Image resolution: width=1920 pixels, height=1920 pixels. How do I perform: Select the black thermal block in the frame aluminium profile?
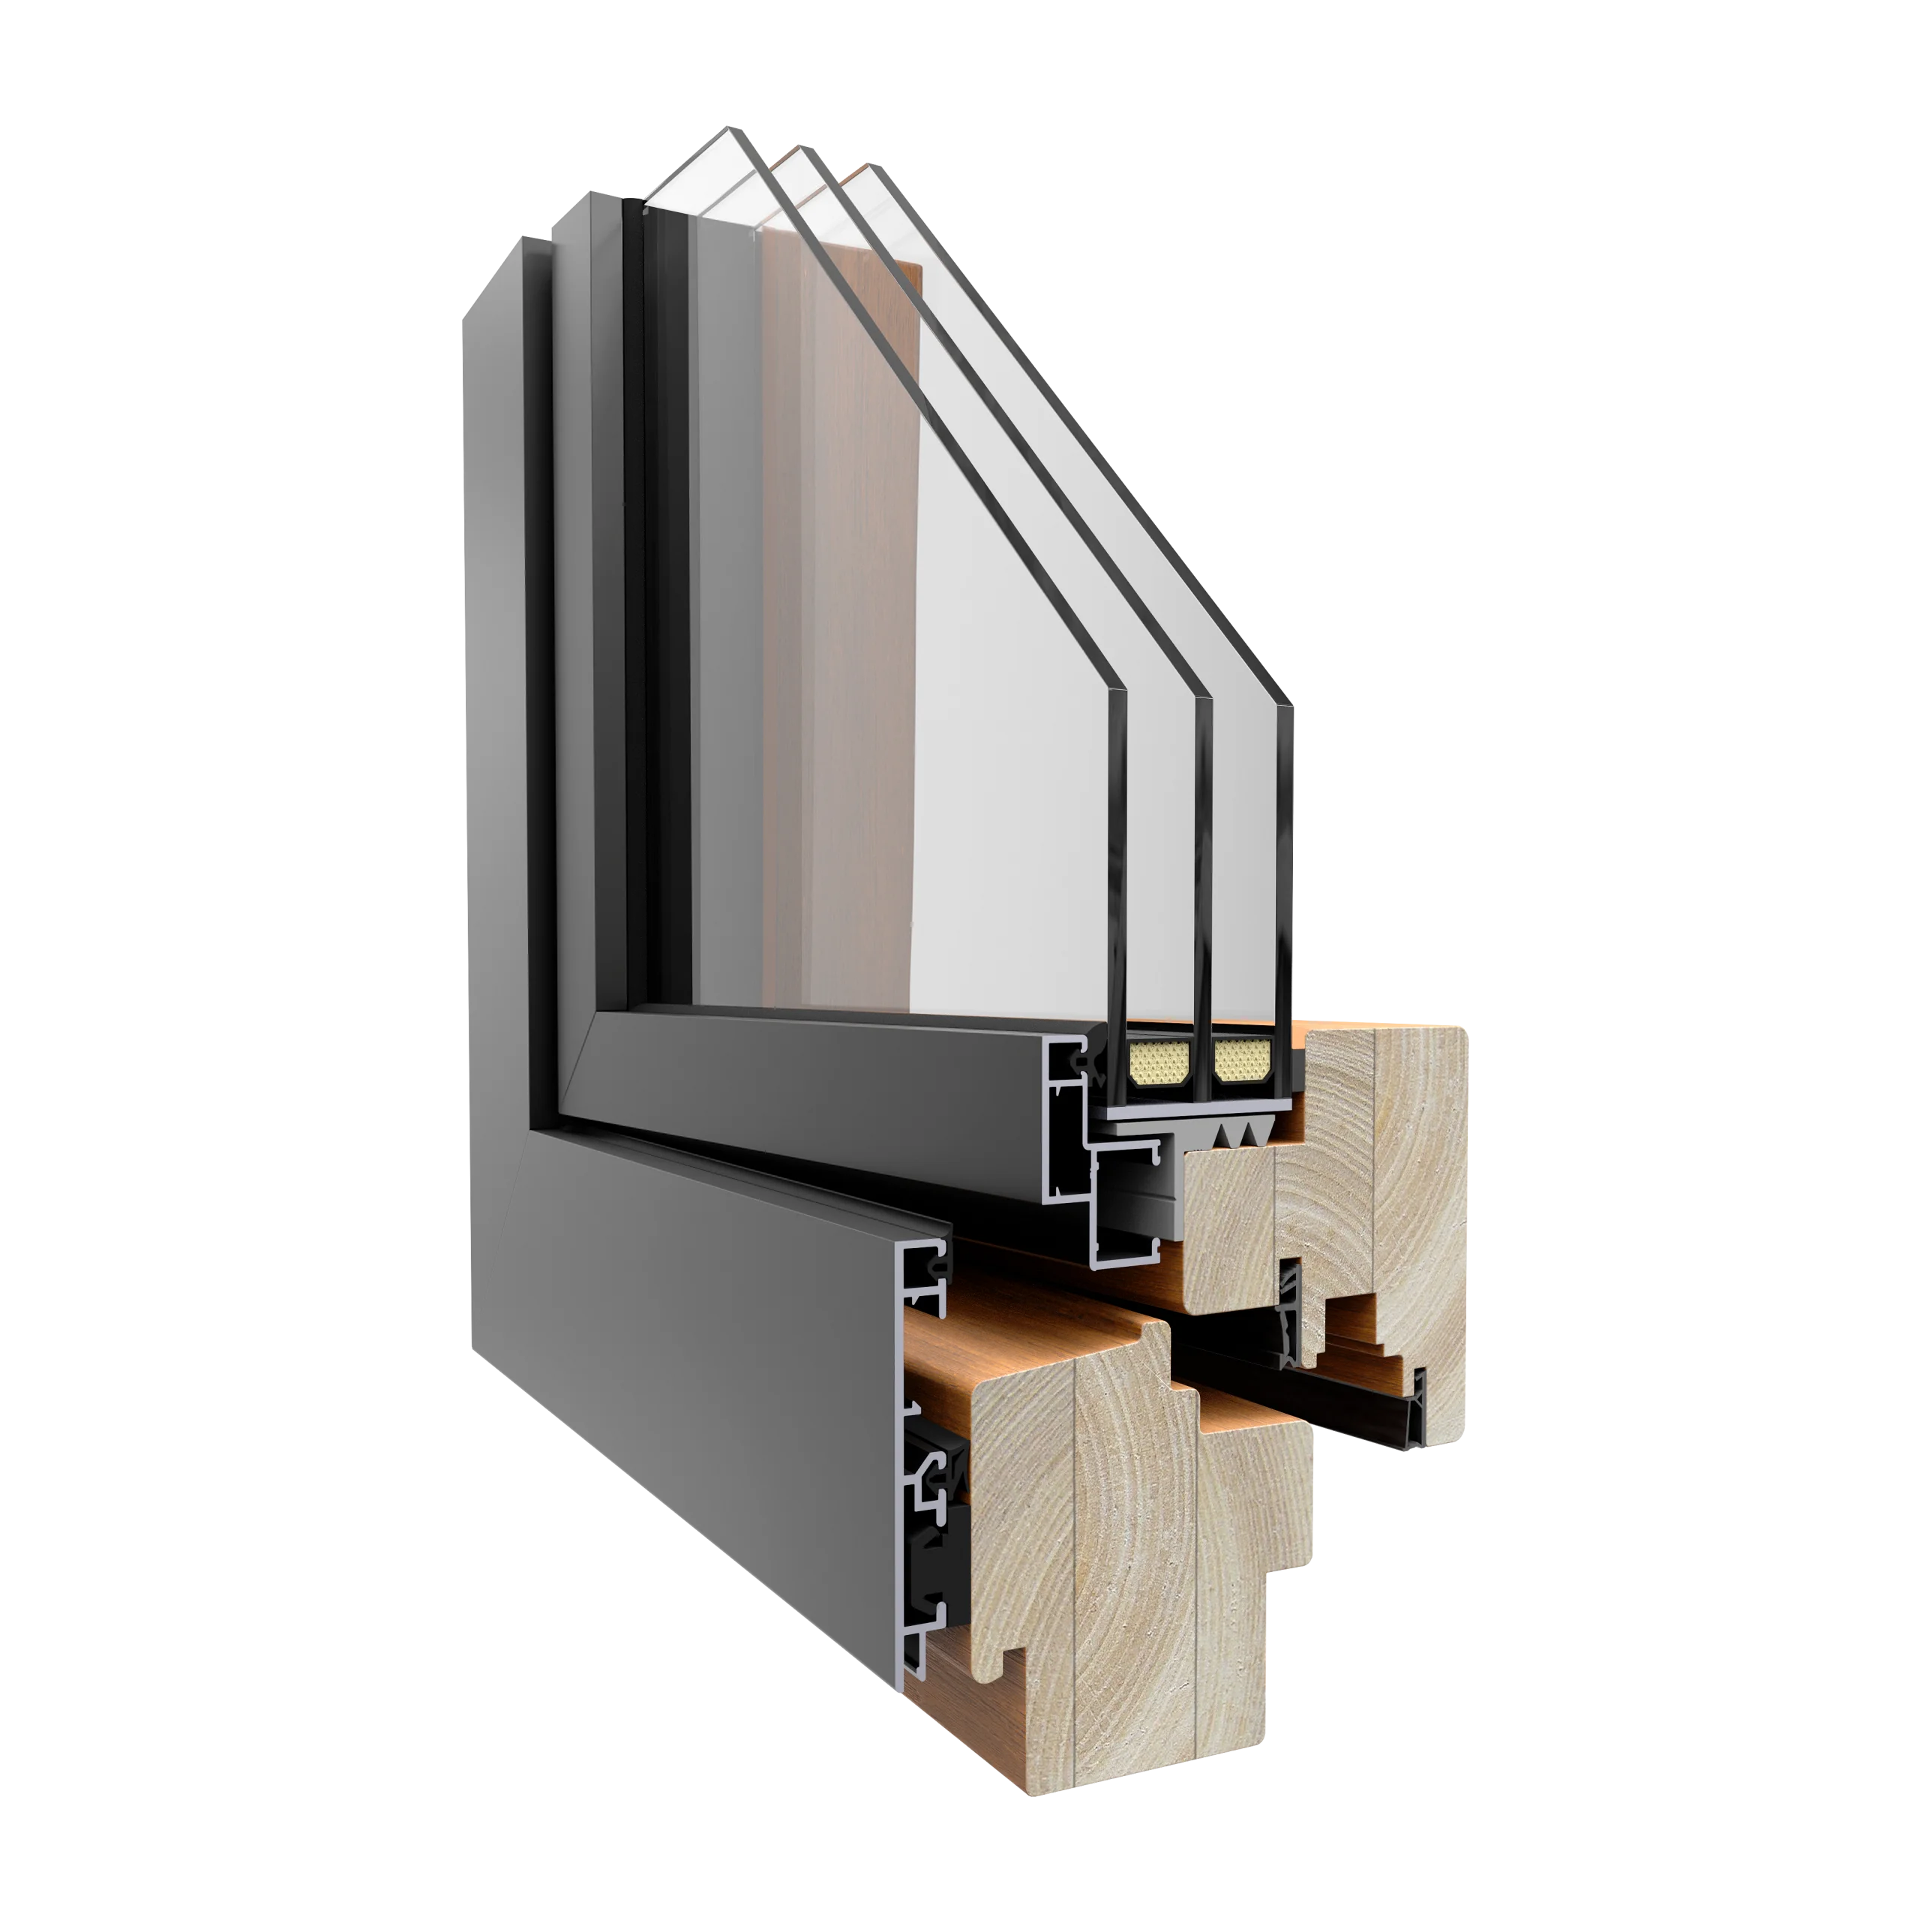[934, 1590]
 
